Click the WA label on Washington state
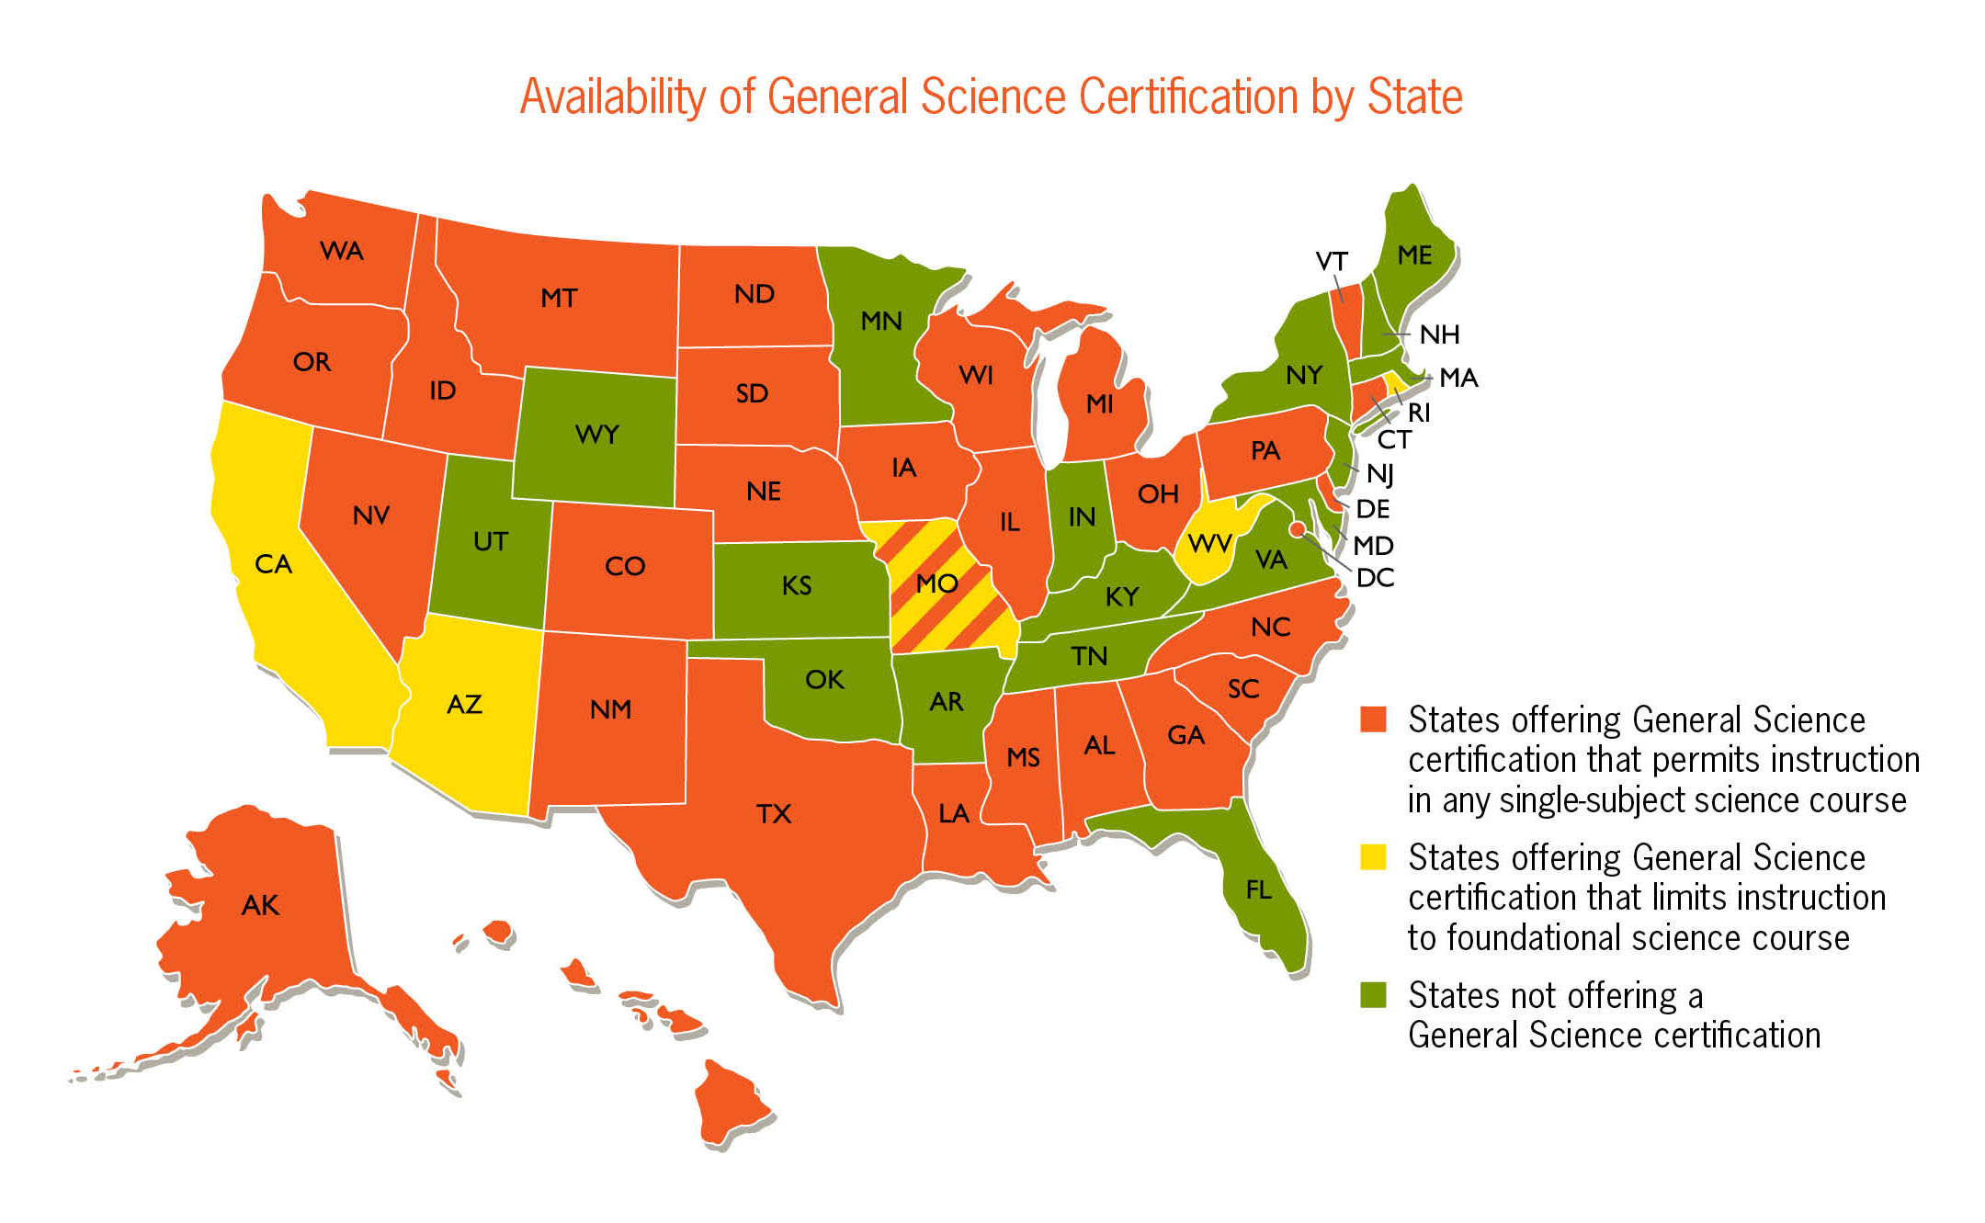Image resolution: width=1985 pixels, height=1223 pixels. tap(342, 251)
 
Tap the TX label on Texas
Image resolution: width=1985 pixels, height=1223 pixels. tap(774, 814)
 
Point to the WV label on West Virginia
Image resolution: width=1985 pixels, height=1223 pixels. tap(1209, 544)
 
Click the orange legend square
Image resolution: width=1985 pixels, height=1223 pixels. tap(1373, 719)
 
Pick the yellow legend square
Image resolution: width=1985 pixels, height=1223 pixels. tap(1373, 856)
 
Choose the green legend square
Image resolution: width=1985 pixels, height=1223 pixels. tap(1373, 994)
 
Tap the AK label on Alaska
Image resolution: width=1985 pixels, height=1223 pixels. tap(260, 906)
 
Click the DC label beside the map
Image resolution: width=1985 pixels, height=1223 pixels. tap(1375, 578)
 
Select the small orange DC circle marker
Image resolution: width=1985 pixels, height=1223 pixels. tap(1297, 528)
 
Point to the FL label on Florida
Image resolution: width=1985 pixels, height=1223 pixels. tap(1259, 889)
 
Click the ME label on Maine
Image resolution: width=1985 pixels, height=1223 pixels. tap(1414, 255)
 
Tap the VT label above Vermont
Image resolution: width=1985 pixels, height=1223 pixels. tap(1332, 262)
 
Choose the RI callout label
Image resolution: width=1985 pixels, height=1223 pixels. tap(1419, 413)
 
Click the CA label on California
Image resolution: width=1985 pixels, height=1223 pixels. tap(273, 564)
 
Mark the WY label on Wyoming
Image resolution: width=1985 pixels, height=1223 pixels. tap(597, 434)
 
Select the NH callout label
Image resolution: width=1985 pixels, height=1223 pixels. tap(1439, 334)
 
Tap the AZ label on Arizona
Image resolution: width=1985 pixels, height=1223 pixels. tap(464, 705)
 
